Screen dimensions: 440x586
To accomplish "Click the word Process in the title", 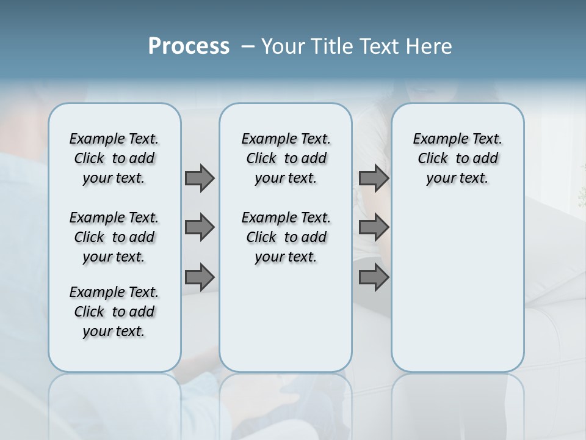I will pos(189,46).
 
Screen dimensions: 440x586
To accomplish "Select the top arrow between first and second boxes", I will pos(200,178).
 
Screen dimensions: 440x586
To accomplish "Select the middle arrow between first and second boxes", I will pos(200,227).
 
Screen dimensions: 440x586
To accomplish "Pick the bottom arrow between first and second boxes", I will pos(200,277).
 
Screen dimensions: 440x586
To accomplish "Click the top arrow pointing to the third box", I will pos(374,178).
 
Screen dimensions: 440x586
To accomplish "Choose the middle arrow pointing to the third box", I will pos(374,227).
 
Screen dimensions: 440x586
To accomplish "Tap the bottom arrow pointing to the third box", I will pos(374,277).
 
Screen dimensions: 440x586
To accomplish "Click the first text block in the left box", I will pos(114,158).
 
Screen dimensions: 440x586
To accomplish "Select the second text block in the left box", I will pos(114,237).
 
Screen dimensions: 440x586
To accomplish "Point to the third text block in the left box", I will pos(114,312).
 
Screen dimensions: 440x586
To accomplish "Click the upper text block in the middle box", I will pos(286,158).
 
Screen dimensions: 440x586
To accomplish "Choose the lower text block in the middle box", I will pos(286,237).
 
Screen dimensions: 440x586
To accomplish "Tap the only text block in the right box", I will pos(457,158).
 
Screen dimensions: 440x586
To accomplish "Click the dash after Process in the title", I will pos(248,46).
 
